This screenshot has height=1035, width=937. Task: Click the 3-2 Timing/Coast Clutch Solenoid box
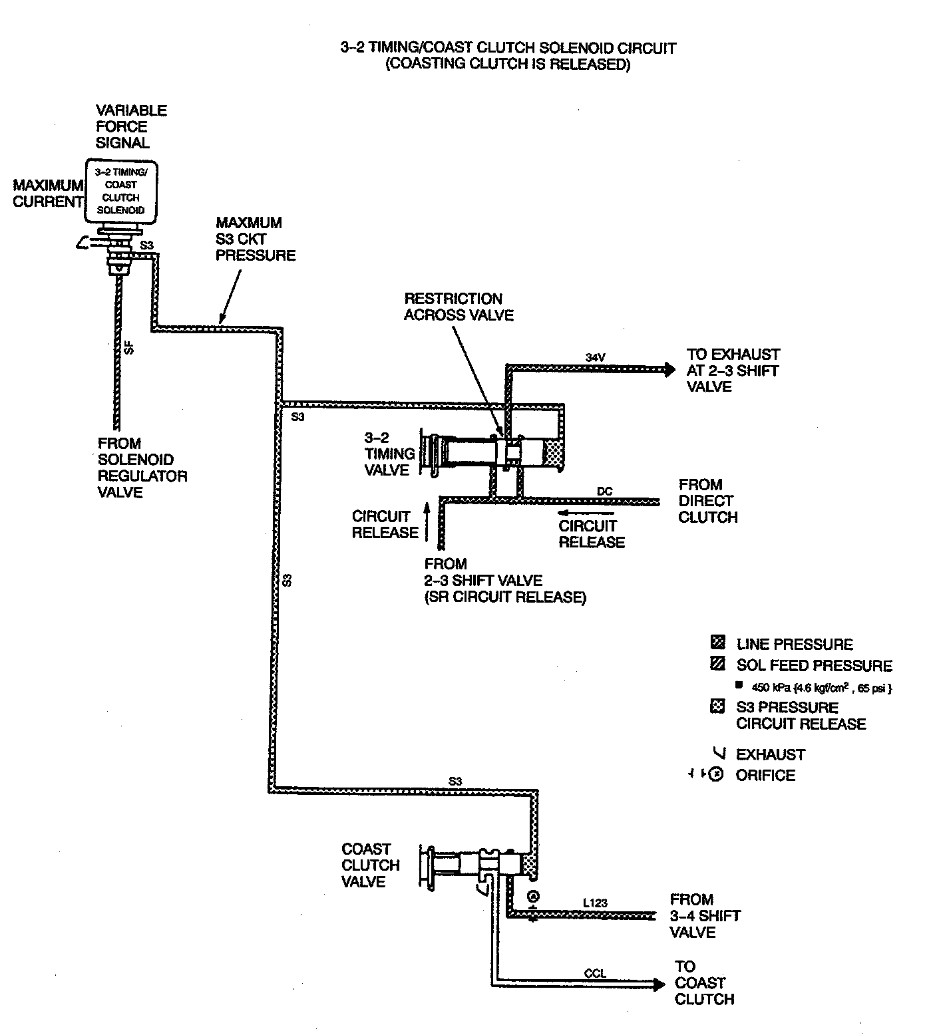click(x=122, y=191)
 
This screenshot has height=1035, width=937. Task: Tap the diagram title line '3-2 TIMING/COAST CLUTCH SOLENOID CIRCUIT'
click(x=508, y=48)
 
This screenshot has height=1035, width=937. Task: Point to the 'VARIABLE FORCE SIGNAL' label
click(x=131, y=126)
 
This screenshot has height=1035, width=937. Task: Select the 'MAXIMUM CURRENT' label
click(x=47, y=194)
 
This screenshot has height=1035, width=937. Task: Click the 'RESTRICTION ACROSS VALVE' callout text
click(x=459, y=307)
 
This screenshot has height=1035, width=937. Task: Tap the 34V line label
click(x=595, y=357)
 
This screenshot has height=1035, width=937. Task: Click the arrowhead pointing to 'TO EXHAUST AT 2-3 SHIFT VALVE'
click(x=668, y=370)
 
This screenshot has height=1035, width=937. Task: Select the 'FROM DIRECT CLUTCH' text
click(x=708, y=501)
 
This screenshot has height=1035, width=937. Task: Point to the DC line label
click(x=604, y=492)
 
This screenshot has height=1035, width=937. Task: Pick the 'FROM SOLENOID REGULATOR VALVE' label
click(x=142, y=468)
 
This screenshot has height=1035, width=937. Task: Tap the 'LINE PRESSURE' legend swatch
click(x=717, y=643)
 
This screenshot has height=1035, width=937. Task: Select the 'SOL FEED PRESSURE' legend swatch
click(x=717, y=664)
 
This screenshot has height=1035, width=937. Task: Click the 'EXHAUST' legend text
click(x=770, y=754)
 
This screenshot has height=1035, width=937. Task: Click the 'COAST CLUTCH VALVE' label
click(x=371, y=865)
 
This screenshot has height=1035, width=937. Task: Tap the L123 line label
click(x=595, y=903)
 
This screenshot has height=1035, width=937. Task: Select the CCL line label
click(x=595, y=974)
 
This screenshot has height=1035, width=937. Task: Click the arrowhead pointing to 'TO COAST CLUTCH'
click(x=657, y=983)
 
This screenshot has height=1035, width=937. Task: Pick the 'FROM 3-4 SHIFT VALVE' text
click(x=705, y=915)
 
